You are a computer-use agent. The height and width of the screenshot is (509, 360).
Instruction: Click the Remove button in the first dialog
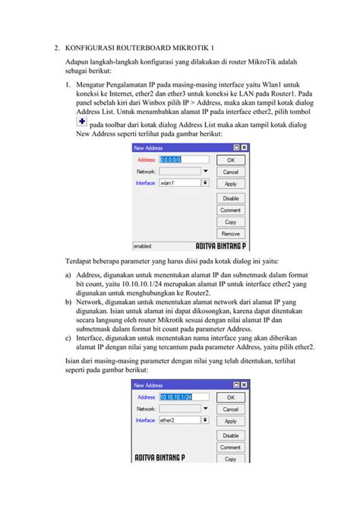(x=231, y=234)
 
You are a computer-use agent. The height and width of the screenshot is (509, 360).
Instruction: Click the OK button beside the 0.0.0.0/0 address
(x=231, y=160)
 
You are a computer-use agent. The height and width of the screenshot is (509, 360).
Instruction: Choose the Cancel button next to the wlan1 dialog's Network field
(x=231, y=172)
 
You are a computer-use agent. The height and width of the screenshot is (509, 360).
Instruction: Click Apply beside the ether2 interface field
(x=231, y=421)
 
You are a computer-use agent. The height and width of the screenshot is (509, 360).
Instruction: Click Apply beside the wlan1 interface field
(x=231, y=184)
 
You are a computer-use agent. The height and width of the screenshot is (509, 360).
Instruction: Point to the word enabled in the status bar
(x=143, y=246)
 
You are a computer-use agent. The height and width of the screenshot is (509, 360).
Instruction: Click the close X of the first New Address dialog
(x=244, y=148)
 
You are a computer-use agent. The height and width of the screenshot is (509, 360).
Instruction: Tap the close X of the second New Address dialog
(x=244, y=386)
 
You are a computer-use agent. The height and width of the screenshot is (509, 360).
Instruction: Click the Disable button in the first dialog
(x=231, y=198)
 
